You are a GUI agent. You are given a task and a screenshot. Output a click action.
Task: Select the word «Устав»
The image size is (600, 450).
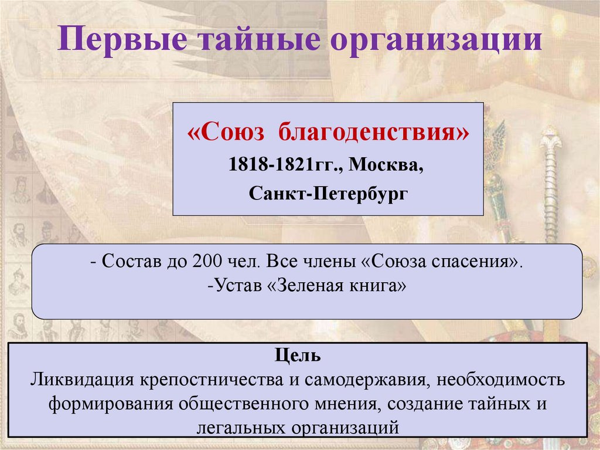[237, 286]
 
